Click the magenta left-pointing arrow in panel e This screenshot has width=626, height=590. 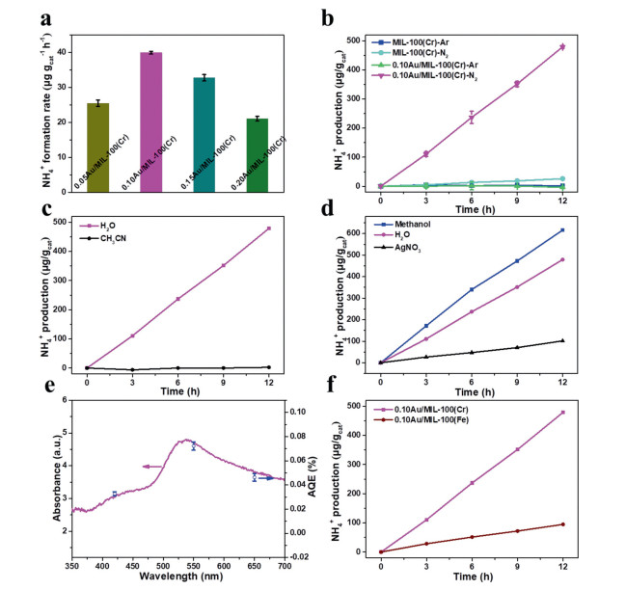click(150, 467)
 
